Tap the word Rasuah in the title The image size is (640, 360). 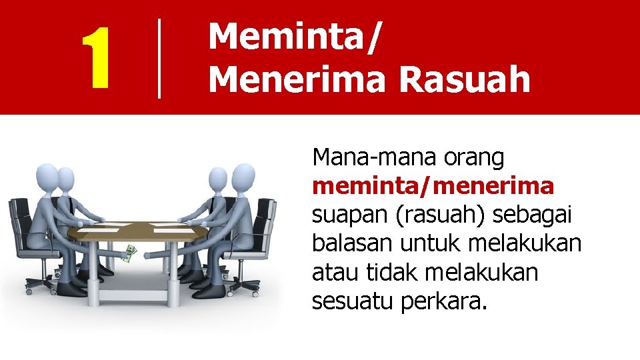pos(465,79)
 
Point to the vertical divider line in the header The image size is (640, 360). pos(159,59)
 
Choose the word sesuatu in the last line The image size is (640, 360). pos(352,302)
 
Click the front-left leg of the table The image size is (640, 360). pos(105,267)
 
